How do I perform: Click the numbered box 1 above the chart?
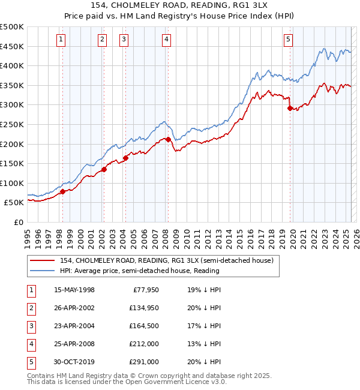pos(62,40)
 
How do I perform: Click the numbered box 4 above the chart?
pos(166,40)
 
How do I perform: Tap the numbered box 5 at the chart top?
pos(289,40)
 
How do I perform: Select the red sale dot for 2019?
pos(290,109)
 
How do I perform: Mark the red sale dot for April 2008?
pos(168,139)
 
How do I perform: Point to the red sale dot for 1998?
pos(62,192)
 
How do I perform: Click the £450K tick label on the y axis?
pos(12,46)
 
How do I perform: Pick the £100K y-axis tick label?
pos(12,183)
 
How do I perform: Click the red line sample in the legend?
pos(43,260)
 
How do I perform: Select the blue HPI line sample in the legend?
pos(43,271)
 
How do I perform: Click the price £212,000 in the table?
pos(142,344)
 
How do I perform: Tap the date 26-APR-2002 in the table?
pos(74,308)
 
